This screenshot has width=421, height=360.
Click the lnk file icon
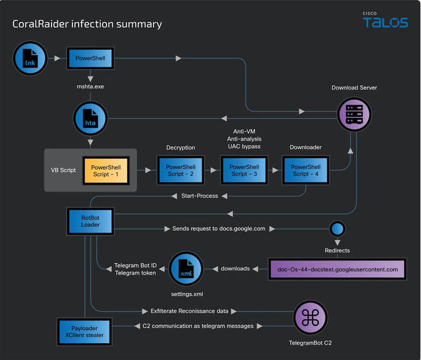click(x=30, y=58)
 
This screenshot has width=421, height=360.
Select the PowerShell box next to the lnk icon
click(x=90, y=58)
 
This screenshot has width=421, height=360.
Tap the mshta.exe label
click(x=90, y=86)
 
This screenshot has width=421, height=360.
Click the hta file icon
click(x=90, y=118)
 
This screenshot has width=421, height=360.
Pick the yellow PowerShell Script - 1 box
click(x=106, y=170)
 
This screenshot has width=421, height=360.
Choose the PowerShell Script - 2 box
click(x=181, y=170)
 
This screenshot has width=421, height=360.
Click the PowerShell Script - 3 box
click(x=244, y=170)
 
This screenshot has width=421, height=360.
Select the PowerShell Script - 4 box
click(x=306, y=170)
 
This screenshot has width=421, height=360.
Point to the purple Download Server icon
click(x=354, y=114)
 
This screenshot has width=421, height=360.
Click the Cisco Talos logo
click(x=385, y=20)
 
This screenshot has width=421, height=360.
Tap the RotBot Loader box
click(x=90, y=221)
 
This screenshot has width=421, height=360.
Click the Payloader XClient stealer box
click(x=85, y=332)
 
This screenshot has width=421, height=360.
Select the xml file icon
click(x=186, y=268)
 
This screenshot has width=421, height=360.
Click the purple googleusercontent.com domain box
click(x=338, y=270)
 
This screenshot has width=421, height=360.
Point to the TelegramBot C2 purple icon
click(x=310, y=317)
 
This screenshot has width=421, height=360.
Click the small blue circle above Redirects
click(x=337, y=229)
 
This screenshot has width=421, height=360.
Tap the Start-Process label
click(x=199, y=196)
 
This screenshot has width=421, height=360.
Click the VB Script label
click(x=63, y=170)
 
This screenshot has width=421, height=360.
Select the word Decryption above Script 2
click(x=181, y=148)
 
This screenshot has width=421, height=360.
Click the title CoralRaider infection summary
click(x=87, y=24)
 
